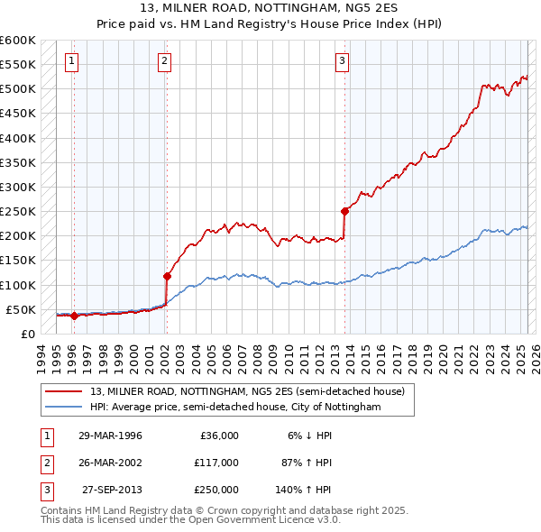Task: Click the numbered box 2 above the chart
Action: [x=165, y=61]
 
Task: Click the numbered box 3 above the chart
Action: [x=343, y=61]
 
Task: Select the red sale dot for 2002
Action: [x=167, y=276]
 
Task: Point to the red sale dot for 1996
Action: [x=74, y=316]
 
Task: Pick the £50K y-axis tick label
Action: [x=21, y=309]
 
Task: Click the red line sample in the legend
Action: [x=64, y=391]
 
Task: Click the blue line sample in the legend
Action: [x=64, y=407]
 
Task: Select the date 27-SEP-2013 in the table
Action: [x=112, y=490]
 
